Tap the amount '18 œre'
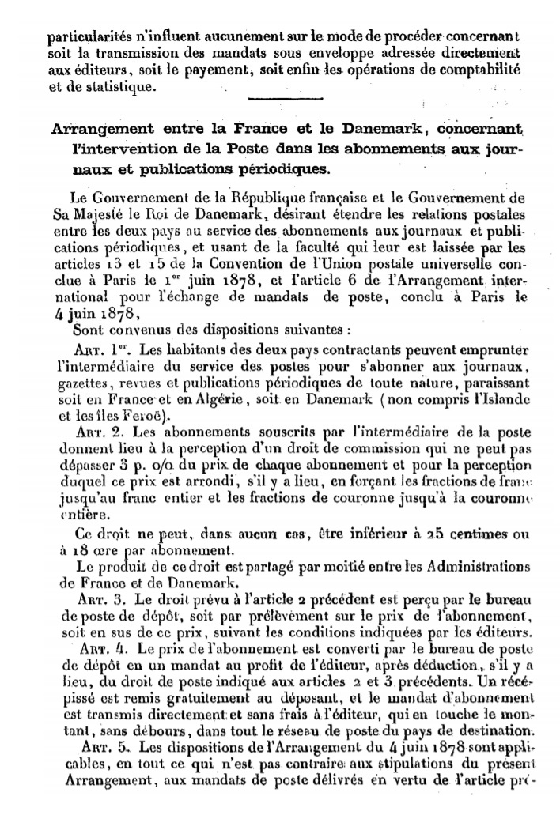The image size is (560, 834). (x=84, y=553)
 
